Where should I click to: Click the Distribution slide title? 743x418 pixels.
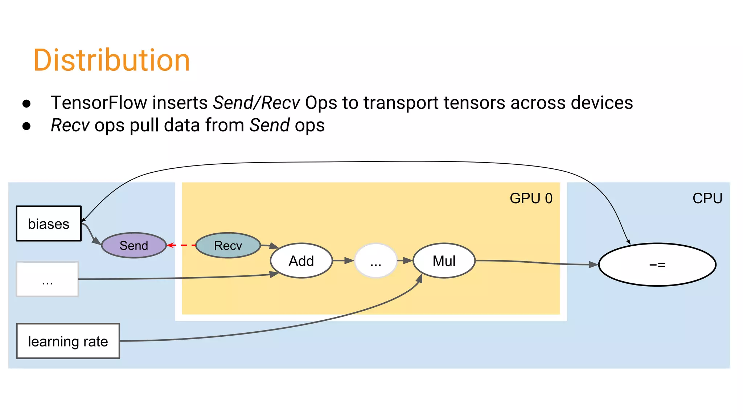coord(111,60)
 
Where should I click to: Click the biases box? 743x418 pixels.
coord(49,224)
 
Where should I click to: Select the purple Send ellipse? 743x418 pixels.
coord(134,246)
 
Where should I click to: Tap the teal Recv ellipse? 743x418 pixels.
coord(228,246)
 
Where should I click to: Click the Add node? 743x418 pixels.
coord(301,261)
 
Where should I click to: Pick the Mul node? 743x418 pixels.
coord(444,261)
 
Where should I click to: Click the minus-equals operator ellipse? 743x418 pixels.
coord(657,265)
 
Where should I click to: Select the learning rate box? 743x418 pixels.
coord(68,341)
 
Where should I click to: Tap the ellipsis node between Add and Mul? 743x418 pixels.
coord(375,261)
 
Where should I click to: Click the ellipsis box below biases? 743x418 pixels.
coord(47,279)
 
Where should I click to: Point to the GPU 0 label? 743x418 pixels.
coord(531,198)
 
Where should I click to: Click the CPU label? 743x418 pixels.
coord(707,198)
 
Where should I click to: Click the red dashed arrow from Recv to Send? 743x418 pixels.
coord(181,246)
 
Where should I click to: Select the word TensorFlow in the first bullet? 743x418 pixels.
coord(98,103)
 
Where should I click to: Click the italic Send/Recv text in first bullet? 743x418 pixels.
coord(256,103)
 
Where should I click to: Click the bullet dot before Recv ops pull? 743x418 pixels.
coord(26,126)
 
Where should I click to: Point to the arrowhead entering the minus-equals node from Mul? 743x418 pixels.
coord(593,265)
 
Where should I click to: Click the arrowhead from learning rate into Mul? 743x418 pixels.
coord(420,278)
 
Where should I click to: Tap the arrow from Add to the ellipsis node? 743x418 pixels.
coord(343,261)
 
